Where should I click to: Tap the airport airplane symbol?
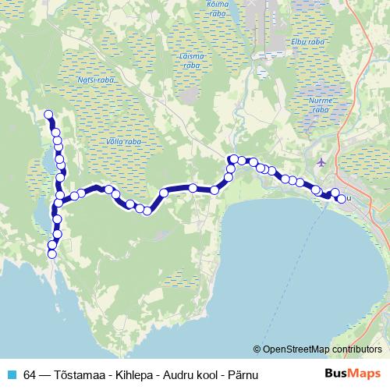click(322, 161)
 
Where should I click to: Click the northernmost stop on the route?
click(48, 114)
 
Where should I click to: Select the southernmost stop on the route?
click(52, 253)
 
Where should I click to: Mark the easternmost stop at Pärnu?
click(342, 199)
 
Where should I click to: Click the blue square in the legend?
click(11, 373)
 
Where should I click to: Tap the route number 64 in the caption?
click(30, 373)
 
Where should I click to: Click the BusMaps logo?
click(353, 373)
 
